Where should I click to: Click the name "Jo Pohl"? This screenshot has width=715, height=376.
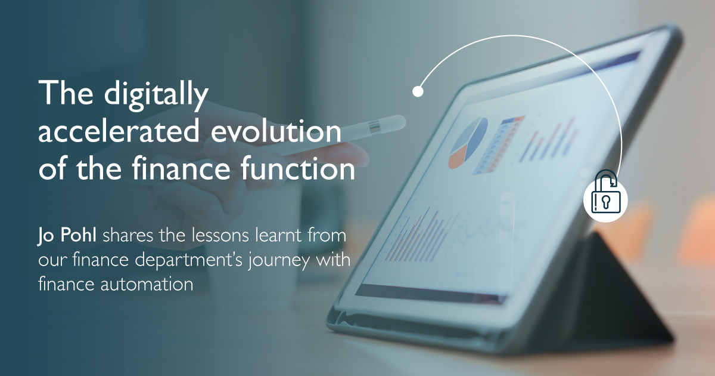[67, 235]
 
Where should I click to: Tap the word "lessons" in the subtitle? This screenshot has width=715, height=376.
[226, 235]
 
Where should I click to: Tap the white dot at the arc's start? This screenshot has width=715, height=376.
[418, 92]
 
